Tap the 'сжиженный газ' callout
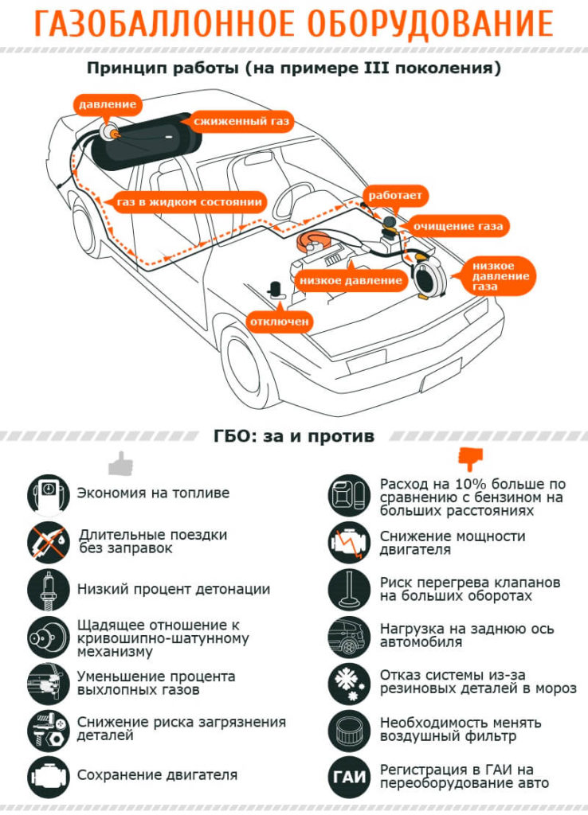pyautogui.click(x=241, y=122)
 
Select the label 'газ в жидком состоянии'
pyautogui.click(x=189, y=201)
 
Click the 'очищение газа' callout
pyautogui.click(x=457, y=227)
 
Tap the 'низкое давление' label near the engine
pyautogui.click(x=351, y=280)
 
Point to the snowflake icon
pyautogui.click(x=349, y=681)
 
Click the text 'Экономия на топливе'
pyautogui.click(x=153, y=493)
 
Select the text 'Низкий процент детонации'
pyautogui.click(x=174, y=590)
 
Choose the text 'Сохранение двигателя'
pyautogui.click(x=157, y=774)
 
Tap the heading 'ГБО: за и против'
pyautogui.click(x=294, y=436)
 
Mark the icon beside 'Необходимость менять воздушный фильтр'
pyautogui.click(x=349, y=728)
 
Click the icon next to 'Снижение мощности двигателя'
pyautogui.click(x=349, y=543)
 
